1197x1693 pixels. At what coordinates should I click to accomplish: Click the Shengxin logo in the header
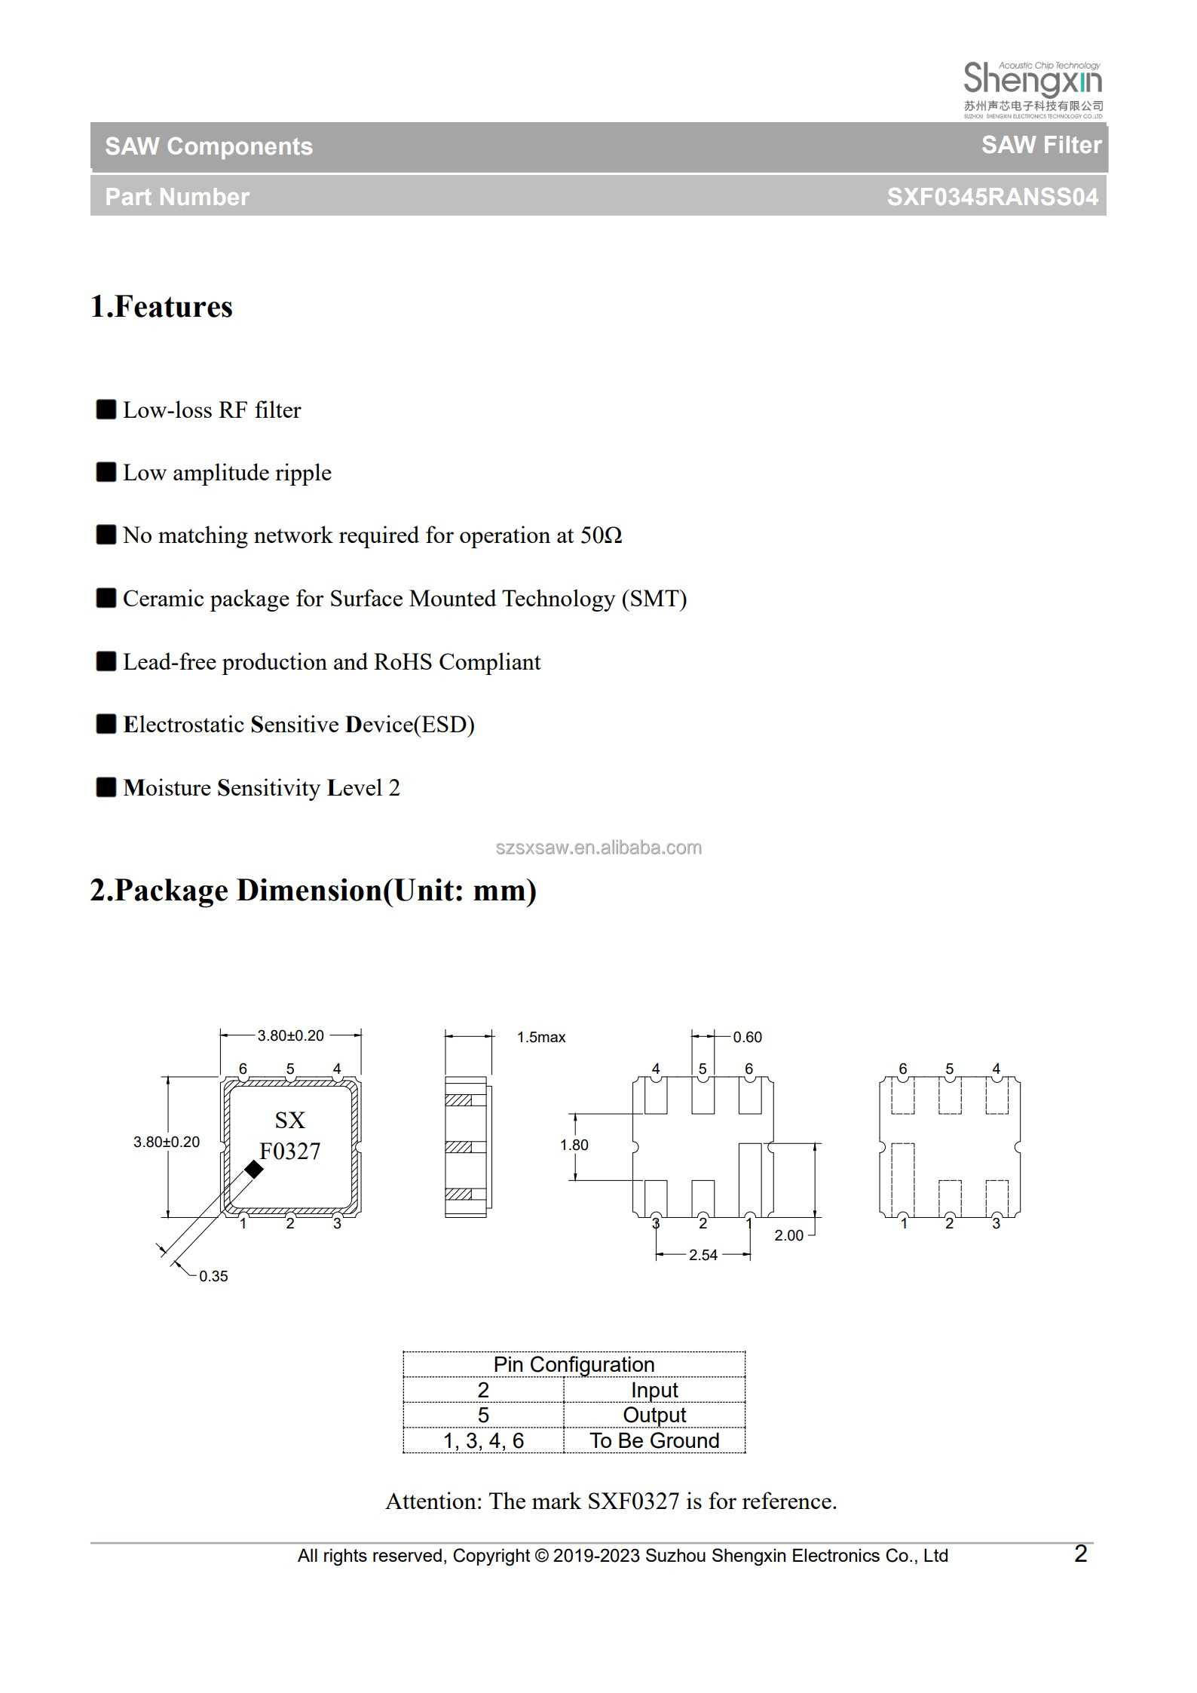(x=1033, y=88)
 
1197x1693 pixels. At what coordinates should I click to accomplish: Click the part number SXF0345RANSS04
(x=992, y=197)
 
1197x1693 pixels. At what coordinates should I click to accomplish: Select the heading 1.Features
(x=161, y=307)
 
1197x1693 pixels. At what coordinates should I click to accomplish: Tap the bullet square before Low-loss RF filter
(x=106, y=409)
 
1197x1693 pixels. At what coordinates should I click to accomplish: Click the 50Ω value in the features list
(x=601, y=535)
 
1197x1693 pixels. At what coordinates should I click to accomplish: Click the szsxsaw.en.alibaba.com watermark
(x=598, y=848)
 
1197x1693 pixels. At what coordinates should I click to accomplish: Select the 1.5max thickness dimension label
(x=541, y=1038)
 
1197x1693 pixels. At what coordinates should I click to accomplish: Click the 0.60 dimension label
(x=747, y=1038)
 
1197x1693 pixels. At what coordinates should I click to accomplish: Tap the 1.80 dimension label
(x=574, y=1145)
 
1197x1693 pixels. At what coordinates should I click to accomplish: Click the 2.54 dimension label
(x=703, y=1255)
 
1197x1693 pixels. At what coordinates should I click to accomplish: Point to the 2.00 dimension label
(x=788, y=1235)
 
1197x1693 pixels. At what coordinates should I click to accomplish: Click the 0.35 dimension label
(x=213, y=1276)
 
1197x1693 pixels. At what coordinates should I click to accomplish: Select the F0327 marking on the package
(x=290, y=1152)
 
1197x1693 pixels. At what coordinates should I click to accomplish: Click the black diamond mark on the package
(x=254, y=1170)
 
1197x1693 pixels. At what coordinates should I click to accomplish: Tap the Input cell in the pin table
(x=654, y=1390)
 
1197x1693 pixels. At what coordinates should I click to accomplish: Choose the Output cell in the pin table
(x=654, y=1415)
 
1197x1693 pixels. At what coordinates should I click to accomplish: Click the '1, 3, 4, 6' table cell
(x=483, y=1440)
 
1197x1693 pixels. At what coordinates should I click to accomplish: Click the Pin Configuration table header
(x=574, y=1364)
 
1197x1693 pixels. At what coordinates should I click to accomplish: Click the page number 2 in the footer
(x=1080, y=1553)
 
